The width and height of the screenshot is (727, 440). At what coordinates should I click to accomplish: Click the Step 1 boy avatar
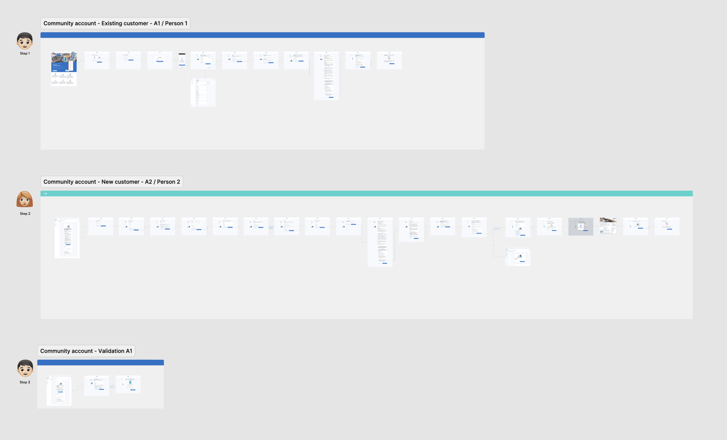click(25, 41)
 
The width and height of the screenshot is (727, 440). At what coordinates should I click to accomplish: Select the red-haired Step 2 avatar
click(25, 199)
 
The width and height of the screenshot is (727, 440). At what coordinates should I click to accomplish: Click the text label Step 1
click(25, 53)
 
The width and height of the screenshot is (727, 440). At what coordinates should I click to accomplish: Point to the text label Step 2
click(25, 214)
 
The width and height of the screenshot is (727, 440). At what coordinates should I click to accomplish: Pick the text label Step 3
click(25, 382)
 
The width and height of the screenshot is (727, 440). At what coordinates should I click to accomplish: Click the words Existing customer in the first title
click(125, 23)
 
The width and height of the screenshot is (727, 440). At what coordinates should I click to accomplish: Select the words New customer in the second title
click(120, 182)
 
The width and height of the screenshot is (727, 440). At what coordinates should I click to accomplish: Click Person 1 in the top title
click(176, 23)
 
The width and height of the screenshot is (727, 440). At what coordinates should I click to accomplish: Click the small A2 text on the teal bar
click(45, 194)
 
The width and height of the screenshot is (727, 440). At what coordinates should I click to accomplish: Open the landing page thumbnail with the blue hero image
click(64, 69)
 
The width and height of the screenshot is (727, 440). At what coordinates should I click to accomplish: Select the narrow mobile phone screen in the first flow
click(182, 60)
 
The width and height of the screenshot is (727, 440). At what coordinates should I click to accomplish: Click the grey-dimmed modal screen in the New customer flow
click(581, 227)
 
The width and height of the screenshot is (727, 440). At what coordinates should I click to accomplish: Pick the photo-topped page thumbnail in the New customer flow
click(608, 226)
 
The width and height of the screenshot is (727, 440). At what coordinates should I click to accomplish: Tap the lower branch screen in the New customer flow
click(518, 257)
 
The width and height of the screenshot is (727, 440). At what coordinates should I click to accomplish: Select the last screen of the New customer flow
click(667, 227)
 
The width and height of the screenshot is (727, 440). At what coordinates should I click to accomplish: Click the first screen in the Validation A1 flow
click(59, 391)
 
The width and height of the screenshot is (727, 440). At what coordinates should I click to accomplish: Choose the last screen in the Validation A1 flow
click(128, 385)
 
